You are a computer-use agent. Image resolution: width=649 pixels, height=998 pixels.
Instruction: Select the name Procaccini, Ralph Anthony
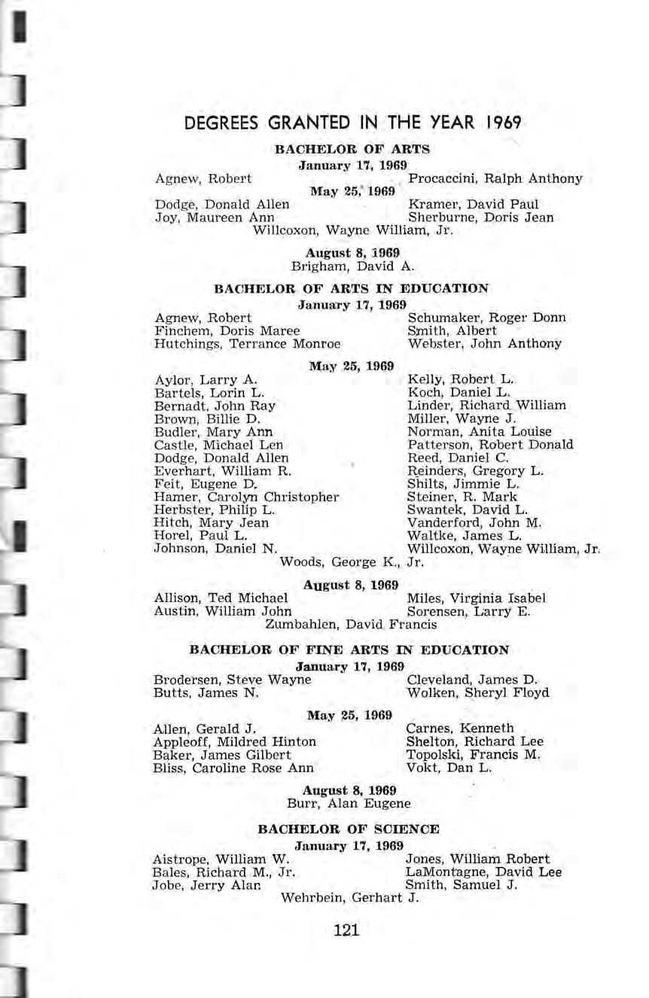pos(495,178)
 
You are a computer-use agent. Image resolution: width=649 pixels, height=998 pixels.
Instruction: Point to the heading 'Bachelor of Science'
pos(349,829)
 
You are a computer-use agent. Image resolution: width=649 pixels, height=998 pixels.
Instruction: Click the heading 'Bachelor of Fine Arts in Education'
pos(349,650)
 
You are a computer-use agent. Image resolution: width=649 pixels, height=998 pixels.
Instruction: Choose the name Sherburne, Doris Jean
pos(480,218)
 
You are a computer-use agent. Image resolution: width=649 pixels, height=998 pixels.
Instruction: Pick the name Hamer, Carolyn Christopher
pos(246,497)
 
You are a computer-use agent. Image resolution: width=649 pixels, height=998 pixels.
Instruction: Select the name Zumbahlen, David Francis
pos(350,625)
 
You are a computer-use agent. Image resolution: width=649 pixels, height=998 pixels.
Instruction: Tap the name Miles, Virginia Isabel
pos(476,598)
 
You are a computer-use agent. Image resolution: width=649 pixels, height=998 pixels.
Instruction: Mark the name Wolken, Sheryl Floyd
pos(477,692)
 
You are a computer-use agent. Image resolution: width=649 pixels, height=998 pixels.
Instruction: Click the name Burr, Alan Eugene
pos(349,803)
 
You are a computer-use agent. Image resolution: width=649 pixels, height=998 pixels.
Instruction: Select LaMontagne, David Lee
pos(483,872)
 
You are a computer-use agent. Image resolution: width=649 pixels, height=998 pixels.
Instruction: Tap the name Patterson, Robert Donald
pos(490,445)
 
